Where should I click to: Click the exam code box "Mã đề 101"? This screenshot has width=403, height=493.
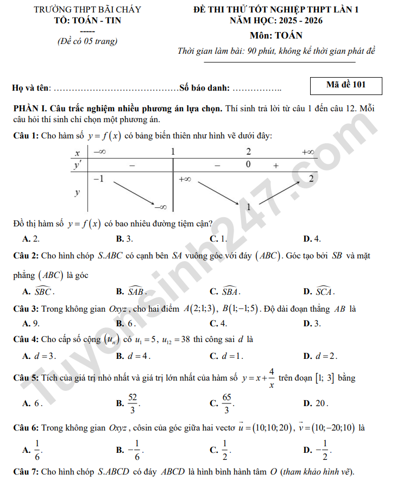346,85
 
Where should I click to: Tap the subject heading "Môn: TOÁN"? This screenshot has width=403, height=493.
276,36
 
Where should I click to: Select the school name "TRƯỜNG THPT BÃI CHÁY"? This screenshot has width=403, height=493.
87,10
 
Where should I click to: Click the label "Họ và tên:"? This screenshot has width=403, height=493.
32,88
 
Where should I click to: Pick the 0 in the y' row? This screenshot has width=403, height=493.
248,165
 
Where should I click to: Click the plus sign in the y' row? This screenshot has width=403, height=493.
276,165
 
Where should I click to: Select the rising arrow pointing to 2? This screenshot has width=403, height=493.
279,193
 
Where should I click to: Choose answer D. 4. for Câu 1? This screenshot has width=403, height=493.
312,238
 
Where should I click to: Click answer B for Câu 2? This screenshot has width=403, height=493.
131,292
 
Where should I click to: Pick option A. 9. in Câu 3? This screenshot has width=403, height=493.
30,324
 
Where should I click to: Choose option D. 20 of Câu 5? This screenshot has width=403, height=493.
316,403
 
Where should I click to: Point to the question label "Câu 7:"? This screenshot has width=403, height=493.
26,471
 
